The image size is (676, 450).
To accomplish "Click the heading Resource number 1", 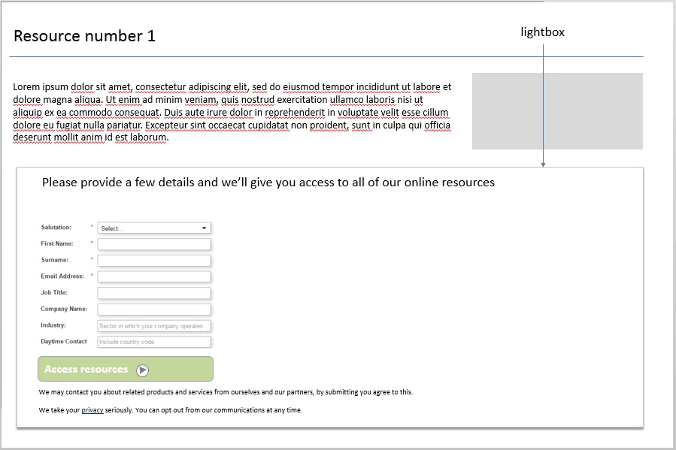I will pos(84,36).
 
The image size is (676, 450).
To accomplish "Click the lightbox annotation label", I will pos(542,32).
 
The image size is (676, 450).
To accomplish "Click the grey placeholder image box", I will pos(557,110).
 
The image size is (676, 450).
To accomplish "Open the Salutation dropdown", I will pos(154,228).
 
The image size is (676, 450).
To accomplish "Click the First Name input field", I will pos(154,244).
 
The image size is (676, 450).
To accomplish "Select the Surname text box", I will pos(154,261).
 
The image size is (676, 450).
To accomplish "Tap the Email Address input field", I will pos(154,276).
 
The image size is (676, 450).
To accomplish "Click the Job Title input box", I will pos(154,293).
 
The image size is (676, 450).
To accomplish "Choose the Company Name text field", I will pos(154,310).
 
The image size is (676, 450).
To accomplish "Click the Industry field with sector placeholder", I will pos(154,326).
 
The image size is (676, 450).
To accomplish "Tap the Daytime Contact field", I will pos(154,342).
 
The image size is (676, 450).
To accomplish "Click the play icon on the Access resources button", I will pos(143,370).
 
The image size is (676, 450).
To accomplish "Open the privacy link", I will pos(92,410).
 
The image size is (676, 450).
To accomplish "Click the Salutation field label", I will pos(56,227).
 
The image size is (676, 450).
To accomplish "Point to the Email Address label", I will pos(62,276).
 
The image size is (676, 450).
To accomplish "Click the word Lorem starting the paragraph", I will pos(26,87).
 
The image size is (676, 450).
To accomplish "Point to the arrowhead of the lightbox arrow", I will pos(542,164).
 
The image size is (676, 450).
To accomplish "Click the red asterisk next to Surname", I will pos(92,259).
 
